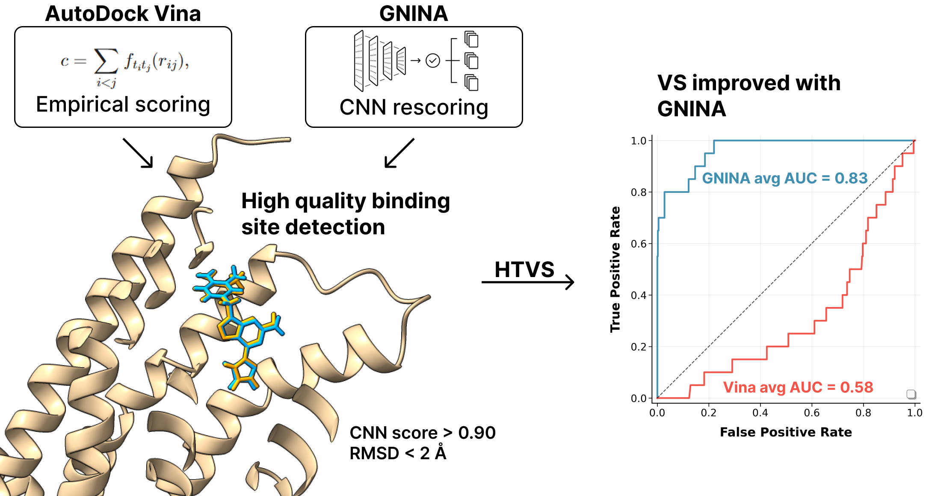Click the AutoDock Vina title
click(x=123, y=14)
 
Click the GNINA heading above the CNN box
click(x=413, y=14)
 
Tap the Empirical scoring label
click(x=123, y=104)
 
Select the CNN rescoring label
click(x=414, y=107)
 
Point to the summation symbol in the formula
click(x=106, y=61)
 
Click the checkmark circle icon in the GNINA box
click(x=433, y=61)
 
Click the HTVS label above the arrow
click(x=524, y=269)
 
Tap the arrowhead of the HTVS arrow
click(x=571, y=282)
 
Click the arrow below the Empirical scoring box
click(x=138, y=153)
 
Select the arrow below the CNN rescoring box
click(x=399, y=153)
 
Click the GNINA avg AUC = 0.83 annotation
click(x=784, y=178)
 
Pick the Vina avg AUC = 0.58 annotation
click(x=798, y=387)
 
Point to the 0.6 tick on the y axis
click(x=639, y=244)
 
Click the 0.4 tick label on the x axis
click(x=760, y=413)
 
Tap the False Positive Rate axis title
click(x=786, y=432)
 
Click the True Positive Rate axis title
click(x=615, y=269)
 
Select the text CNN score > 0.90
click(x=423, y=433)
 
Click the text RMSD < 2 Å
click(x=398, y=453)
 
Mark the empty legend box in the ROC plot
click(x=911, y=394)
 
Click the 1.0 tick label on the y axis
click(x=639, y=141)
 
